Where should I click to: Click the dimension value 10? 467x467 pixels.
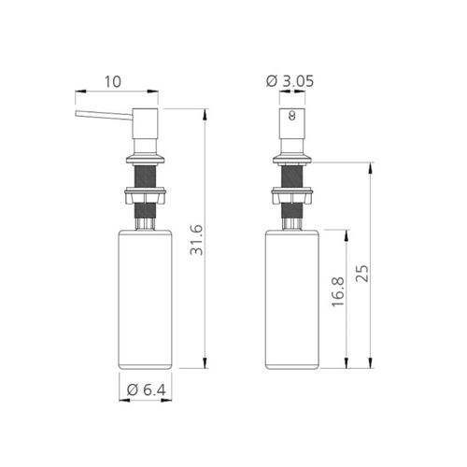pos(112,81)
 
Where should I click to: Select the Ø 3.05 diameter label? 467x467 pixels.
pos(290,81)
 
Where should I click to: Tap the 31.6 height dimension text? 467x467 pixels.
pos(197,240)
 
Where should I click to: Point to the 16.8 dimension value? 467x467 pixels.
pos(338,291)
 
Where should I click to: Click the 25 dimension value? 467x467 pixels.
pos(362,274)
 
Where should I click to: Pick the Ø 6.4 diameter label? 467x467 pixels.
pos(147,389)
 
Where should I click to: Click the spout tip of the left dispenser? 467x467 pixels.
pos(77,114)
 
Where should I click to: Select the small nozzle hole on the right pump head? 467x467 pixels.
pos(291,116)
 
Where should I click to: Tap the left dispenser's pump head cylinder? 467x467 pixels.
pos(145,123)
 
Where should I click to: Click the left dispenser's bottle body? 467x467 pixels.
pos(145,300)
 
